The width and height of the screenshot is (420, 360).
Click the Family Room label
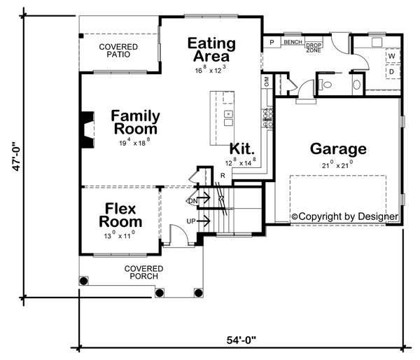(135, 123)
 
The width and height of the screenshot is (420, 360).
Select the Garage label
(338, 148)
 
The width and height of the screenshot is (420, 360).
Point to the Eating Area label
(211, 50)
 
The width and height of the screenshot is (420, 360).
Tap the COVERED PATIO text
(118, 50)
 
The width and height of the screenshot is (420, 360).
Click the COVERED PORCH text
(143, 272)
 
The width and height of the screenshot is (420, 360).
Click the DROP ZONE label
(314, 48)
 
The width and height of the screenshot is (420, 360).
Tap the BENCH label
(292, 43)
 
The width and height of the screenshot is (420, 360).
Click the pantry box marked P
(270, 43)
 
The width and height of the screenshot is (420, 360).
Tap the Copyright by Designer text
(344, 216)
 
